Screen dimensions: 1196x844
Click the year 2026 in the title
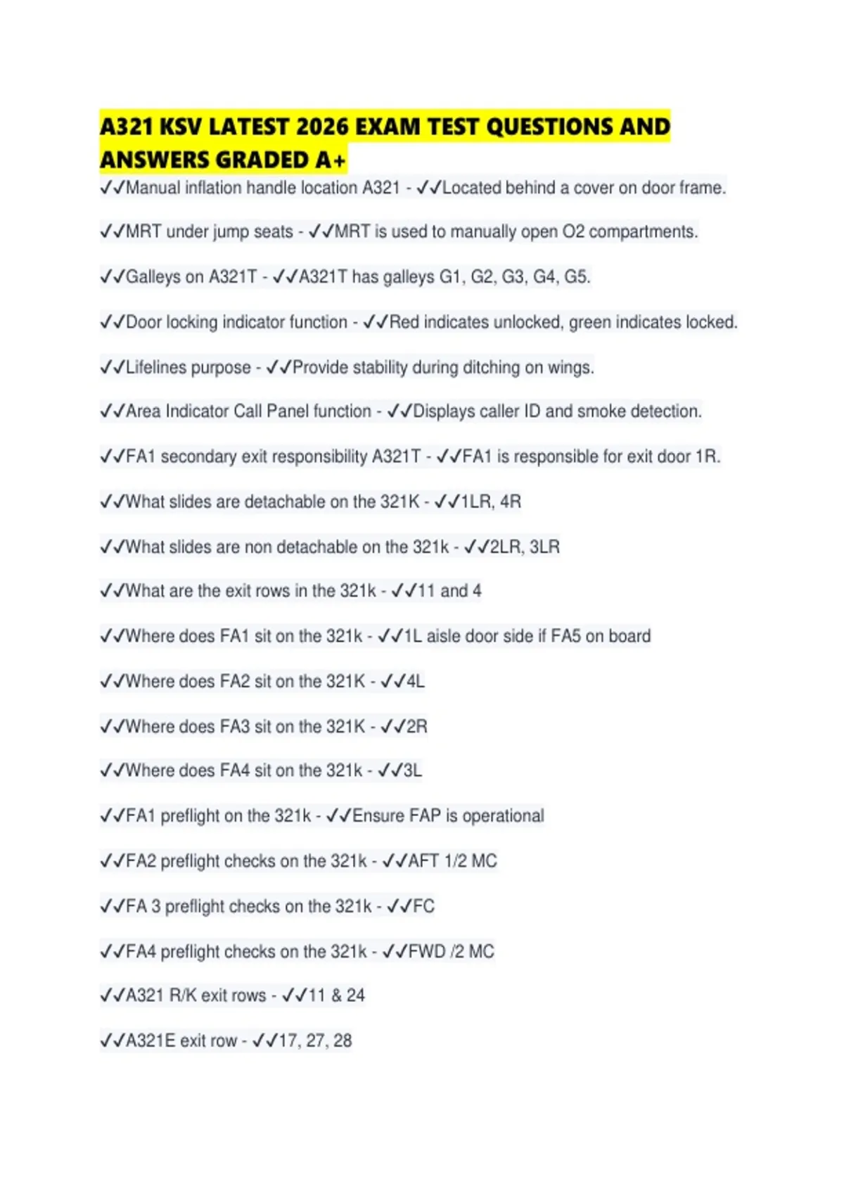coord(322,127)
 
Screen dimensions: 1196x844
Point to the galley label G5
coord(576,277)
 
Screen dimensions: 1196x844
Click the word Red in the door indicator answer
coord(404,322)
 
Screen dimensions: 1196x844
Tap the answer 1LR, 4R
coord(491,502)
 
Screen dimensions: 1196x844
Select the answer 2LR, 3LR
coord(525,547)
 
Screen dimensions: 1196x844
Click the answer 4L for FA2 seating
coord(415,681)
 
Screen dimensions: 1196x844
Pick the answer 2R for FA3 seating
coord(416,726)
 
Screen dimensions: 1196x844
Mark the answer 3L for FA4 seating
coord(412,770)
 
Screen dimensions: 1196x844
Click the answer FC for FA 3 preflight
coord(423,906)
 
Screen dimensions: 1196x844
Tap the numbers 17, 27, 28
coord(314,1041)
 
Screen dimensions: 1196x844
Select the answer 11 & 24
coord(336,995)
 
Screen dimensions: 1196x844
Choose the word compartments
coord(642,232)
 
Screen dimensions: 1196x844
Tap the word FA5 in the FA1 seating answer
coord(565,636)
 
